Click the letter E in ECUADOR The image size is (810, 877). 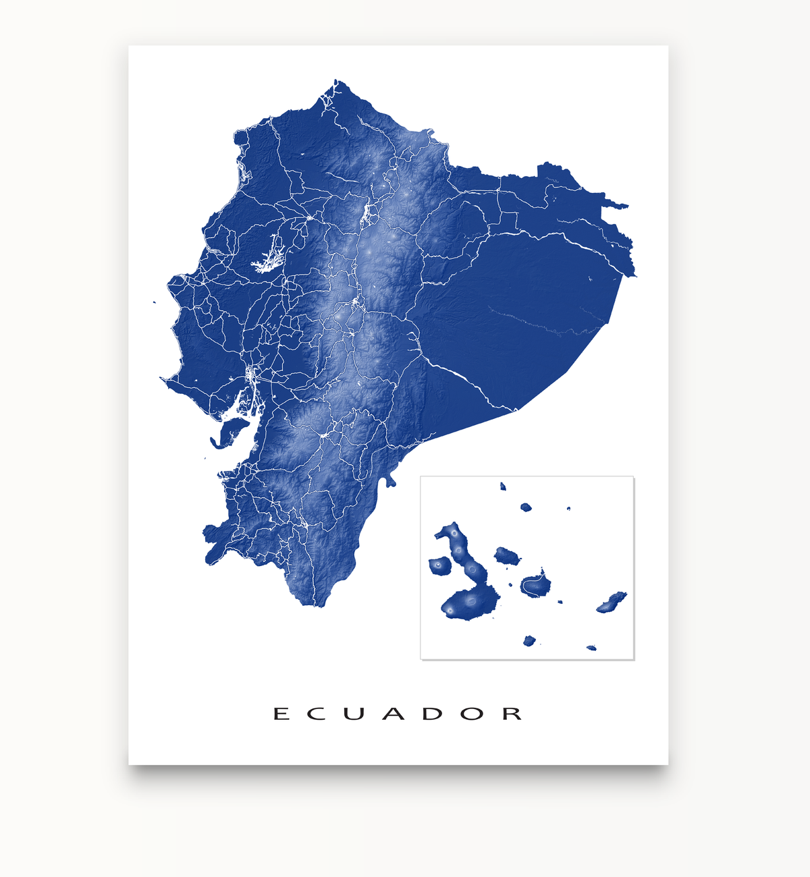pos(281,714)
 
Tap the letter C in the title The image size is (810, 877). pos(317,714)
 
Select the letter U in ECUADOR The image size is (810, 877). pos(354,714)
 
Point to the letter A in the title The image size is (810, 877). pos(393,714)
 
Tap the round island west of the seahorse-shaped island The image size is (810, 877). pos(439,565)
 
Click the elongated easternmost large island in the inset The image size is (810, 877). pos(612,602)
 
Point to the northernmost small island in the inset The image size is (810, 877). pos(503,486)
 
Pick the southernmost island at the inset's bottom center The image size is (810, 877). pos(529,640)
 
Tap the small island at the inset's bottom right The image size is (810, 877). pos(591,648)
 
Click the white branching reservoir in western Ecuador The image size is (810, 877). pos(268,256)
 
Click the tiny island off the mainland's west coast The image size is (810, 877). pos(155,303)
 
